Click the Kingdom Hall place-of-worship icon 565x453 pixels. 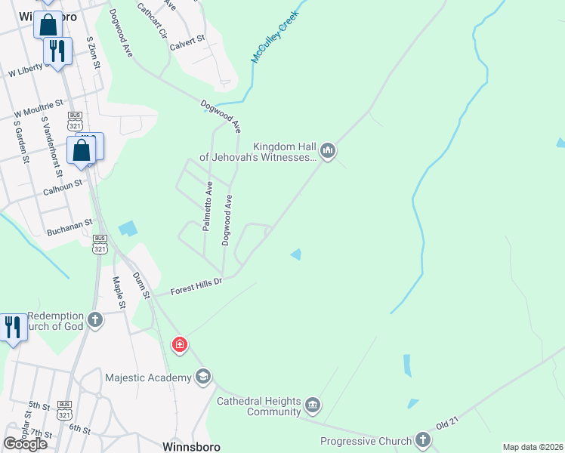click(x=328, y=152)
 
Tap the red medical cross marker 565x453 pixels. click(x=180, y=346)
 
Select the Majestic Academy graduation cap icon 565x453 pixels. click(x=202, y=376)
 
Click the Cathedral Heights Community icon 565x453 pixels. click(x=313, y=407)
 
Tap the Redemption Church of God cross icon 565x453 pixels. click(x=95, y=319)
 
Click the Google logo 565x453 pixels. click(x=25, y=444)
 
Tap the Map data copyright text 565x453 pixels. click(x=533, y=447)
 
